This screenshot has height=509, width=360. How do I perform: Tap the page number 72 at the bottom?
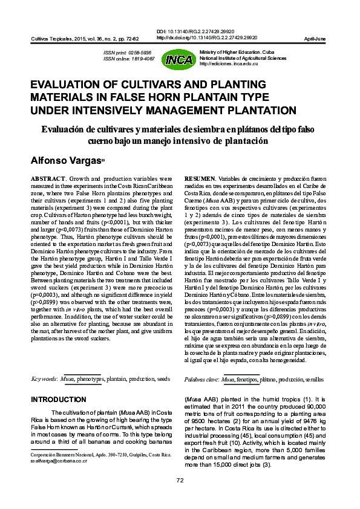(x=180, y=480)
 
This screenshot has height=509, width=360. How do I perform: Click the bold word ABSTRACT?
(x=47, y=180)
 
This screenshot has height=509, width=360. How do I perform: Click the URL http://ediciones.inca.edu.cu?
(x=233, y=63)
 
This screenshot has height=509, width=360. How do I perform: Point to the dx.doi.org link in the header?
(x=206, y=37)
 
